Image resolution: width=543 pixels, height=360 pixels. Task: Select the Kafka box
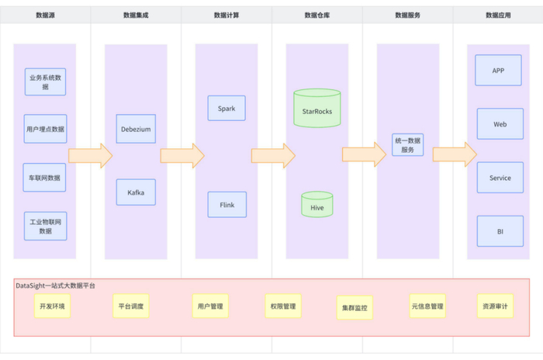pyautogui.click(x=136, y=192)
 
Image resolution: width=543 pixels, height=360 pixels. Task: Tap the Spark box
pyautogui.click(x=227, y=108)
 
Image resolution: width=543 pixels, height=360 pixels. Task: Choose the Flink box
pyautogui.click(x=227, y=205)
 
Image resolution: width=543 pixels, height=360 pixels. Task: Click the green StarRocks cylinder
pyautogui.click(x=316, y=110)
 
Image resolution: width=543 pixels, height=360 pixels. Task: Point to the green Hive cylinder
pyautogui.click(x=316, y=206)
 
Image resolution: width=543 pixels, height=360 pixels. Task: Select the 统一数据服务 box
pyautogui.click(x=408, y=145)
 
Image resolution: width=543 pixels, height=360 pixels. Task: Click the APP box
pyautogui.click(x=499, y=71)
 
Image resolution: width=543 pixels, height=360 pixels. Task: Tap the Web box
pyautogui.click(x=500, y=124)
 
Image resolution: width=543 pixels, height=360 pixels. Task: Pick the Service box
pyautogui.click(x=500, y=178)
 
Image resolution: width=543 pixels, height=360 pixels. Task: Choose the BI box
pyautogui.click(x=500, y=230)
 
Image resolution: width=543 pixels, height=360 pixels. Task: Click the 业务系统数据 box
pyautogui.click(x=45, y=81)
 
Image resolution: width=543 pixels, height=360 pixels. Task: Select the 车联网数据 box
pyautogui.click(x=44, y=177)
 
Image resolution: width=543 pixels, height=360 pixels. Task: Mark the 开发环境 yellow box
pyautogui.click(x=53, y=306)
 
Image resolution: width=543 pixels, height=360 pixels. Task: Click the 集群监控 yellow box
pyautogui.click(x=355, y=308)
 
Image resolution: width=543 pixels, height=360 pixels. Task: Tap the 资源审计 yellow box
pyautogui.click(x=495, y=306)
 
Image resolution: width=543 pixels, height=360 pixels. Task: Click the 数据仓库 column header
pyautogui.click(x=316, y=16)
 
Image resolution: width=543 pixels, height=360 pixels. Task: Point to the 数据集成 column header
pyautogui.click(x=136, y=16)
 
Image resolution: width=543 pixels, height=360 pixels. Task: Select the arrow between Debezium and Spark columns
pyautogui.click(x=182, y=155)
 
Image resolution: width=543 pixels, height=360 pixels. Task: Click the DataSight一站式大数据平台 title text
pyautogui.click(x=56, y=286)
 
